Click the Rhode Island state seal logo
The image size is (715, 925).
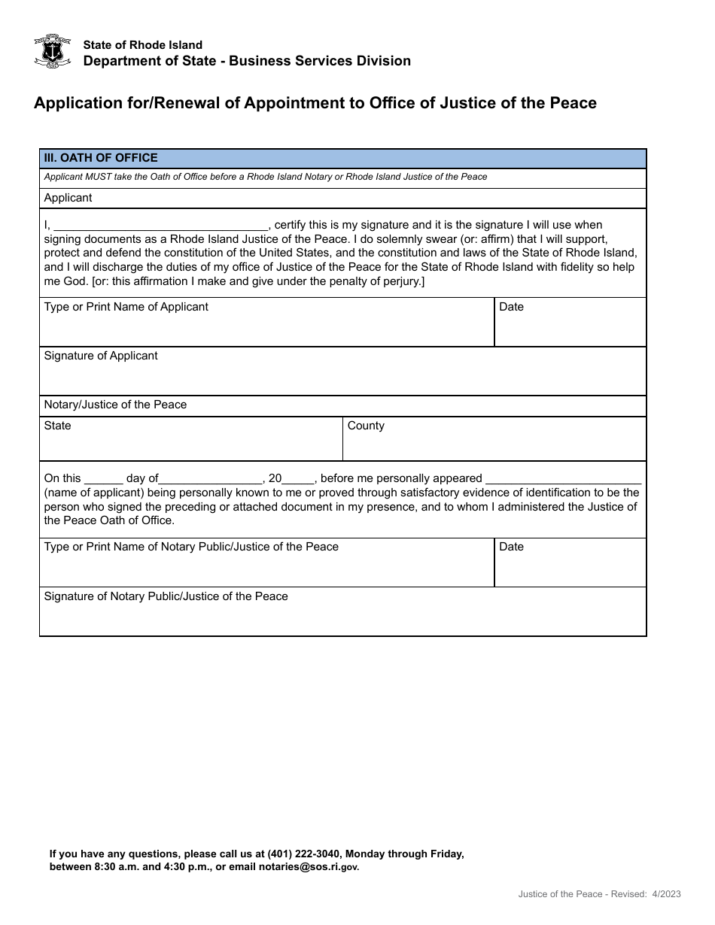(53, 51)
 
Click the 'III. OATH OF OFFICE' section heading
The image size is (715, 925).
(101, 158)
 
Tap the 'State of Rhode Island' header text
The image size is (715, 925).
(142, 45)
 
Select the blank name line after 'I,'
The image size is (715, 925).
(161, 224)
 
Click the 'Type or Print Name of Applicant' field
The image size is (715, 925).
(266, 329)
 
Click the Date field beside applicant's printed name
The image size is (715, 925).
(570, 329)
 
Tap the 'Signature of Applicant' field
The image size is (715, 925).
(342, 377)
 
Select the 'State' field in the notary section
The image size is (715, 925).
(191, 445)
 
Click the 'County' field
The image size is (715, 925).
(494, 445)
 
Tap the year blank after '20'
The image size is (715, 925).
(299, 478)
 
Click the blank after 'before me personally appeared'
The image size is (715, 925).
(563, 478)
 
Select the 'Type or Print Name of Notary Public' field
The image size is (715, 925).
(266, 569)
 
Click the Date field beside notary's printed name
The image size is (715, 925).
(570, 569)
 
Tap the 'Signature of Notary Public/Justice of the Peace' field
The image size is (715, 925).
(342, 617)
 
